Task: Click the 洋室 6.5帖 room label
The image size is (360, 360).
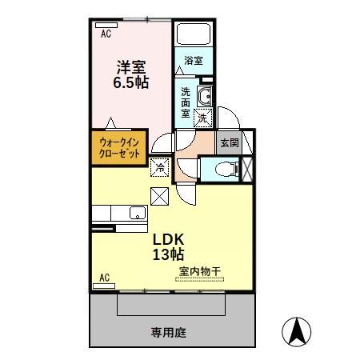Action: coord(130,74)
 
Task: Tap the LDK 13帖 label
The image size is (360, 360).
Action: coord(169,246)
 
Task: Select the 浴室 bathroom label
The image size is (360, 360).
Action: coord(193,61)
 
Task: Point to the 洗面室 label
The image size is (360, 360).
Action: coord(186,102)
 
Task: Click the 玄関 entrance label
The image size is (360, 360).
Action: coord(230,142)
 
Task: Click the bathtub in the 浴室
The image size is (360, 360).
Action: coord(193,35)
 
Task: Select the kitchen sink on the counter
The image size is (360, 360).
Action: coord(137,214)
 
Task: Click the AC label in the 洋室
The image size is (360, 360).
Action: coord(106,34)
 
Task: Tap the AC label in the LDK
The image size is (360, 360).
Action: coord(104,278)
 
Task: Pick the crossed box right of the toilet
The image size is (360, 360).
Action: coord(246,169)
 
